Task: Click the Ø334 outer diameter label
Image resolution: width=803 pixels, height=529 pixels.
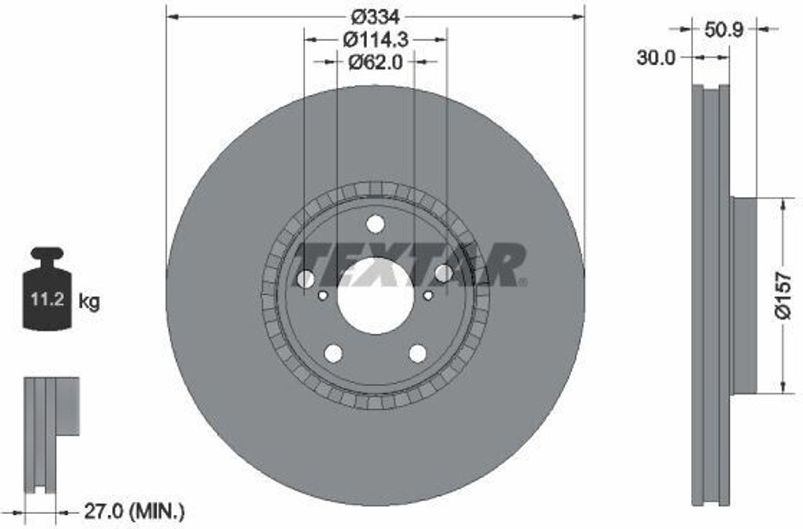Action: [x=375, y=17]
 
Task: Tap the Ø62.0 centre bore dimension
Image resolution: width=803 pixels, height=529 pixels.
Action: [x=376, y=62]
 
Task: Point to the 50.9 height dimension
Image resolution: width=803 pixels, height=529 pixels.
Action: [x=724, y=30]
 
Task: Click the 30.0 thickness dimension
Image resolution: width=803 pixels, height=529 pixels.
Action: [x=656, y=58]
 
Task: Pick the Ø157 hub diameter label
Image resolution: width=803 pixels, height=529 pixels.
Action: [x=783, y=296]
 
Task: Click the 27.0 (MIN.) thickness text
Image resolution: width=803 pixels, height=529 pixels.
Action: [x=134, y=511]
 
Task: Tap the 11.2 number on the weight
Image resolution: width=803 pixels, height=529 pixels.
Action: [x=47, y=299]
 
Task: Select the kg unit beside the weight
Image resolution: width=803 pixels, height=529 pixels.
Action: [x=89, y=301]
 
